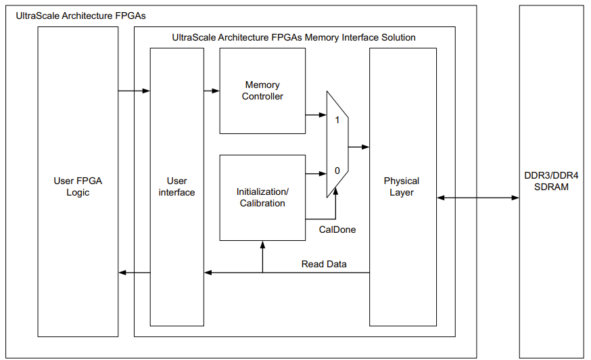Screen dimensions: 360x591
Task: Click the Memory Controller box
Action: pyautogui.click(x=262, y=91)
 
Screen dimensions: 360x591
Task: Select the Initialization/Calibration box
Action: pyautogui.click(x=262, y=197)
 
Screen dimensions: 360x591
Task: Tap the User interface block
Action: pyautogui.click(x=176, y=187)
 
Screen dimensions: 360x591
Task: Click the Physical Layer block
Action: pyautogui.click(x=402, y=186)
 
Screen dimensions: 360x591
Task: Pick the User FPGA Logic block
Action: pyautogui.click(x=78, y=186)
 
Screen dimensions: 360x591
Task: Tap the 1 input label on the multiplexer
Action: pyautogui.click(x=337, y=119)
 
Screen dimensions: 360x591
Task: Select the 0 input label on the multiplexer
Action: pyautogui.click(x=337, y=171)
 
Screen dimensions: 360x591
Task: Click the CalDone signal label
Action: pyautogui.click(x=337, y=229)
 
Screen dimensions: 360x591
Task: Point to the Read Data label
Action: pyautogui.click(x=324, y=264)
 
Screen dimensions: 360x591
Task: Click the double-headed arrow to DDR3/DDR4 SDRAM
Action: pyautogui.click(x=477, y=198)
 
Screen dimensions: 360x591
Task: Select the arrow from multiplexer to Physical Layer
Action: pyautogui.click(x=358, y=146)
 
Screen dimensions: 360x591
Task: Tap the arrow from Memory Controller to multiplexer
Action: pyautogui.click(x=316, y=115)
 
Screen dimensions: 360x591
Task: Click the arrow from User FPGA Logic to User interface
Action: pyautogui.click(x=134, y=91)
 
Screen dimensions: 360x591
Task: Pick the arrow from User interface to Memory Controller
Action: pyautogui.click(x=212, y=91)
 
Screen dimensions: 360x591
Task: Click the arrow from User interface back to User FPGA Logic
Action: pyautogui.click(x=134, y=272)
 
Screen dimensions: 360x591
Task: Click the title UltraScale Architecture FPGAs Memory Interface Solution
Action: pyautogui.click(x=293, y=37)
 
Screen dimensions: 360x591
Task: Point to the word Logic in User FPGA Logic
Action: pyautogui.click(x=78, y=192)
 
